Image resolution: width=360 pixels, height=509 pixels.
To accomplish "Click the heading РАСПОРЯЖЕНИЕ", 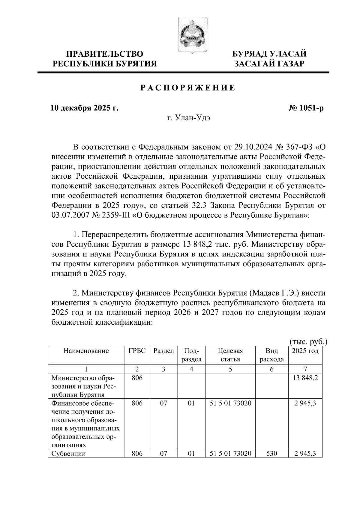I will [188, 88].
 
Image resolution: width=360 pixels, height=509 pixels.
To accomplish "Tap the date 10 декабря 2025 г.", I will [84, 108].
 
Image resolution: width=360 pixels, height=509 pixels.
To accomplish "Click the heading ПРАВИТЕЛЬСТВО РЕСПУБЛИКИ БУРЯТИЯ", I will [105, 59].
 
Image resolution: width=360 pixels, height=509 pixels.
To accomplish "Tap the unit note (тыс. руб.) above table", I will [308, 342].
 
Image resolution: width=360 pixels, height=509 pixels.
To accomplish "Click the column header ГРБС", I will [137, 351].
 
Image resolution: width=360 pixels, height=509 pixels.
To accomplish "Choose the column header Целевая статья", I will [230, 355].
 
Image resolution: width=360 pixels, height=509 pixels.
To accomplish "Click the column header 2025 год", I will [305, 351].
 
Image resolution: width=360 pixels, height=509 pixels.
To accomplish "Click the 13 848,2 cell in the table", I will [305, 378].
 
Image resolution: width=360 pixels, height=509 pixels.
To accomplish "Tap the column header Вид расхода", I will [271, 355].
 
